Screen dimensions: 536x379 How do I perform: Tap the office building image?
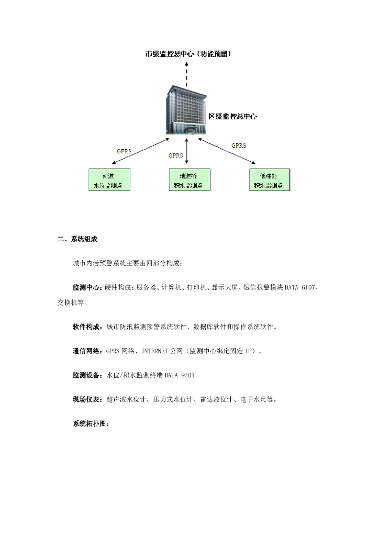[x=186, y=110]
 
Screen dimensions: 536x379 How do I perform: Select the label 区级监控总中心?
[x=232, y=117]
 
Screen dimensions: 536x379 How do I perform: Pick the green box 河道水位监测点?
[x=108, y=180]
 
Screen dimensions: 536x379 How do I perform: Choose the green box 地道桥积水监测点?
[x=189, y=180]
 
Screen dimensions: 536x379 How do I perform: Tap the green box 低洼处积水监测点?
[x=269, y=180]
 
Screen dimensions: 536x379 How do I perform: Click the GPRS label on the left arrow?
[x=124, y=151]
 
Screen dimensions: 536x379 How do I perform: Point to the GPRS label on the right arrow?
[x=238, y=146]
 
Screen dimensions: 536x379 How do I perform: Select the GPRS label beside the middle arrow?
[x=176, y=155]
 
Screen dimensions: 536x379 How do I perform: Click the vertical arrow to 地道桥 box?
[x=187, y=153]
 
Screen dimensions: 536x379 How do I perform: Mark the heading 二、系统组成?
[x=77, y=239]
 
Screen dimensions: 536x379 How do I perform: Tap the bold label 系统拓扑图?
[x=90, y=423]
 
